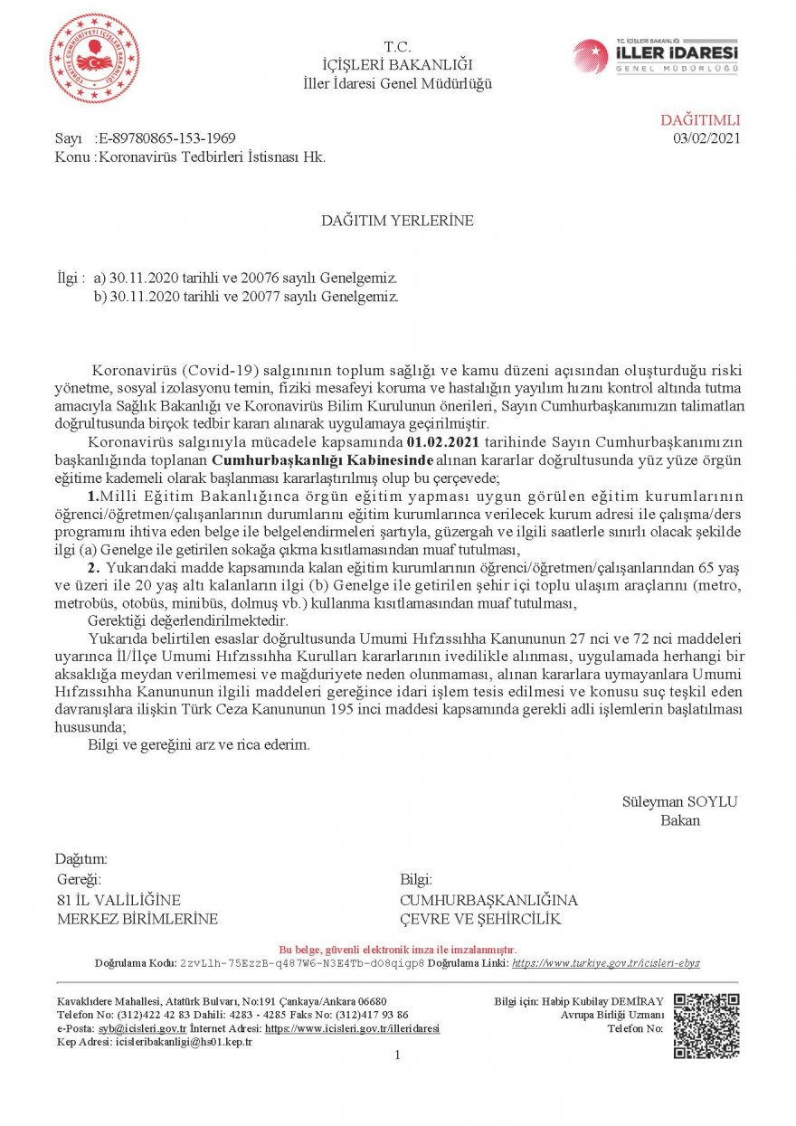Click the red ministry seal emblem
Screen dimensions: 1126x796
coord(94,59)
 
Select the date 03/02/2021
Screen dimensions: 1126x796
coord(706,138)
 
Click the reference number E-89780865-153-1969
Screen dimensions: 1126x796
coord(166,138)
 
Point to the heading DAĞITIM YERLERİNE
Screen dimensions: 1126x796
coord(398,220)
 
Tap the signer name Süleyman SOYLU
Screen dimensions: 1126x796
coord(679,801)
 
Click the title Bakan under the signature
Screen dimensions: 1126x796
coord(680,820)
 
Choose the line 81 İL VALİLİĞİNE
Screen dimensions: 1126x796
coord(118,900)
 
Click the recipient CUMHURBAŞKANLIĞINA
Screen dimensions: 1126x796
coord(488,900)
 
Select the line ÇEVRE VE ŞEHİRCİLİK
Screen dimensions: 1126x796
coord(480,919)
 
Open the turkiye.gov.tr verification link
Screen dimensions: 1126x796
coord(605,963)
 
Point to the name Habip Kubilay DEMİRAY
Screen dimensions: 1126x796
coord(604,1001)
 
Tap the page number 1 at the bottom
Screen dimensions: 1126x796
coord(397,1055)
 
